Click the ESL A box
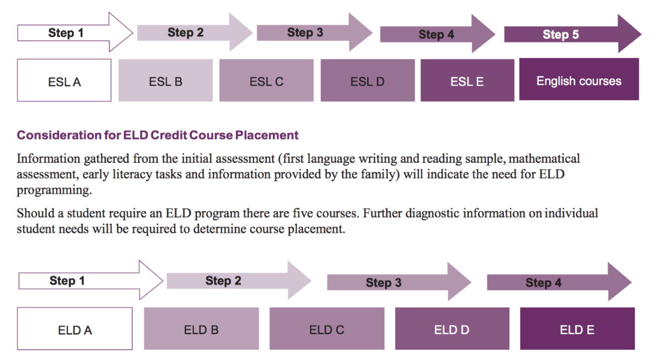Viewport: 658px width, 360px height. point(64,80)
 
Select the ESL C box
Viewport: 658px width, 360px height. point(266,80)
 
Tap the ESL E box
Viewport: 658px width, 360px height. point(467,80)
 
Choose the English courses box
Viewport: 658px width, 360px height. point(579,79)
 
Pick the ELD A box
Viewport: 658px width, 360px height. point(75,329)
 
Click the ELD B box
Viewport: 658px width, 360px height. point(201,329)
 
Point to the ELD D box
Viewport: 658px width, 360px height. point(452,329)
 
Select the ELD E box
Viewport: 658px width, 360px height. point(577,329)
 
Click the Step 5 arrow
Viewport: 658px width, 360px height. point(573,34)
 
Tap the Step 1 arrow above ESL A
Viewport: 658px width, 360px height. point(75,32)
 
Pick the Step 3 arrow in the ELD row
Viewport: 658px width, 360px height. point(400,282)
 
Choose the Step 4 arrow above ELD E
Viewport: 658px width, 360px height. point(559,282)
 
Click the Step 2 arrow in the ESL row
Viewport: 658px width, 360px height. point(195,32)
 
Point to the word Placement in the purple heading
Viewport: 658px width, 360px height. point(266,135)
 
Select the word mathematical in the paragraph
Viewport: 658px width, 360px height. point(544,158)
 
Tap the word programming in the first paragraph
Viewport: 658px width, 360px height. point(54,191)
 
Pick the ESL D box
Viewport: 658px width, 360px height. point(368,80)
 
